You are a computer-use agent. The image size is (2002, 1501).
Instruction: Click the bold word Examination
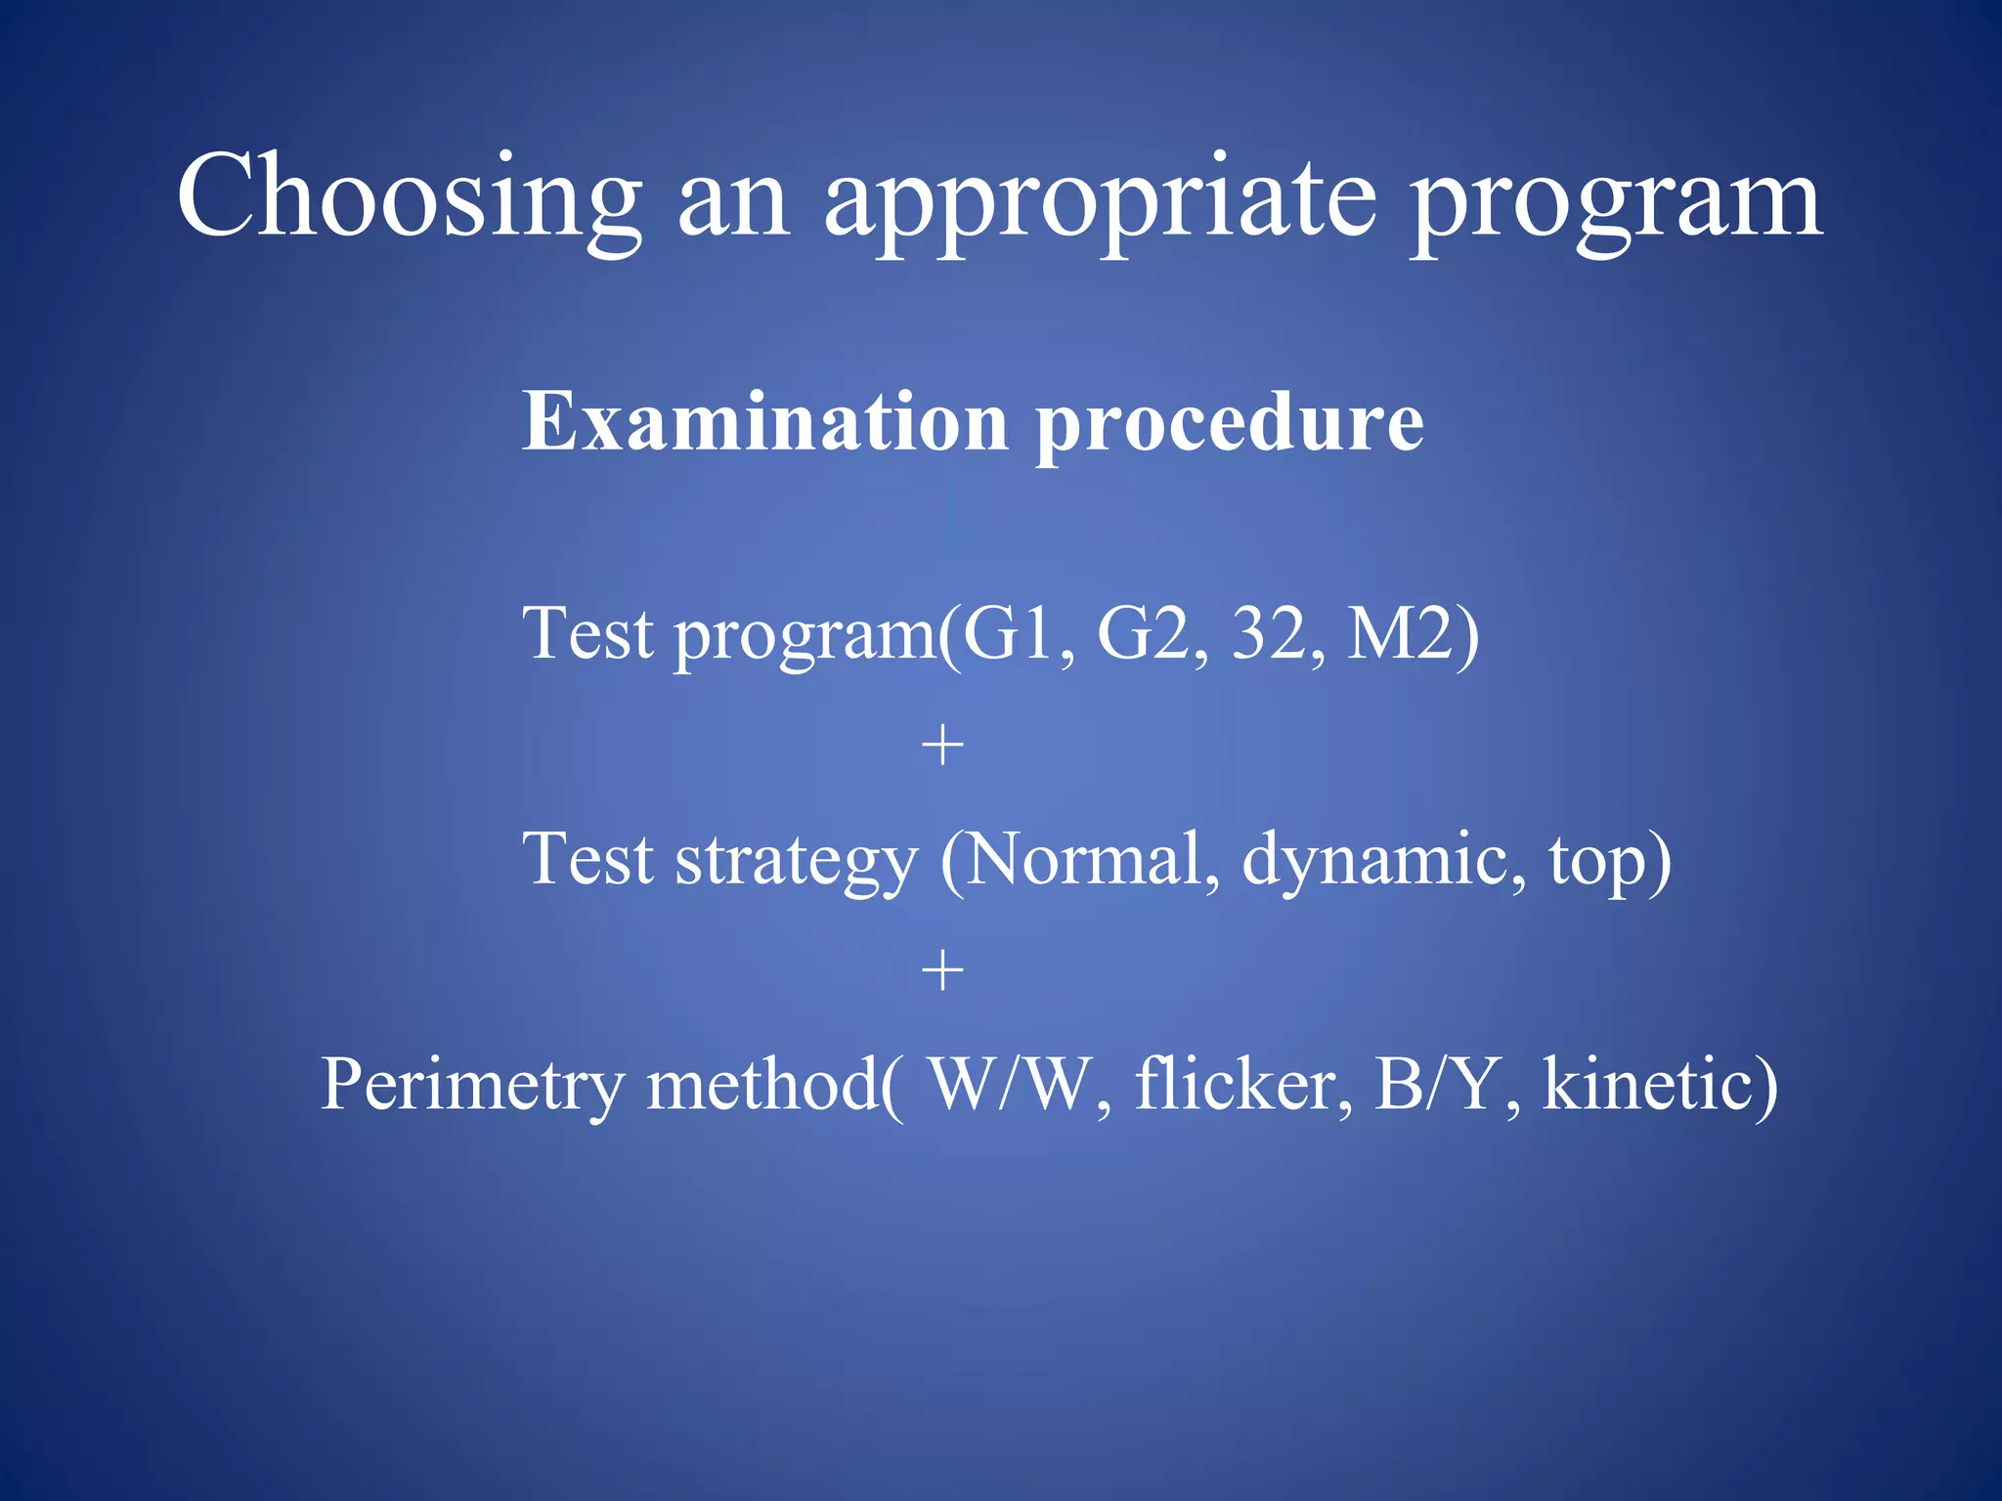(x=765, y=422)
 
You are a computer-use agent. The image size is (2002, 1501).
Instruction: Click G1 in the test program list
(x=1013, y=633)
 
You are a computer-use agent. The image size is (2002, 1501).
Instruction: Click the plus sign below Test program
(x=942, y=747)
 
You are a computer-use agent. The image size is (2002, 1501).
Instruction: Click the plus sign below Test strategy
(x=942, y=971)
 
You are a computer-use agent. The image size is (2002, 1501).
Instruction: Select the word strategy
(x=796, y=860)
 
